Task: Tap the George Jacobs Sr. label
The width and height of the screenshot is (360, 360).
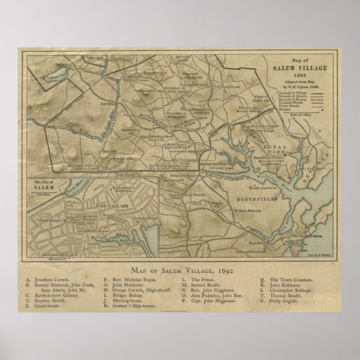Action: (263, 185)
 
